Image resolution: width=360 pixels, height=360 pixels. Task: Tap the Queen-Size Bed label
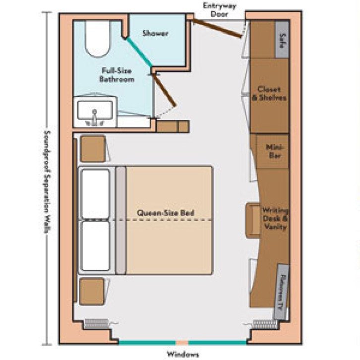166,213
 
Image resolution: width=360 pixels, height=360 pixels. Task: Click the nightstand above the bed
92,148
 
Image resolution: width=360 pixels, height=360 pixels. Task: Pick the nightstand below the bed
92,291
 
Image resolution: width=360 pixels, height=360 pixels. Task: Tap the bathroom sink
95,113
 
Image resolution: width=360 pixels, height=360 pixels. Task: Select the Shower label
155,34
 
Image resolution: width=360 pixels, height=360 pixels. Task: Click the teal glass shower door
139,53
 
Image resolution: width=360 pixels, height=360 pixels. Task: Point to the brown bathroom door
165,90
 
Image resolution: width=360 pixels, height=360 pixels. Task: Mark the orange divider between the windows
182,342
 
